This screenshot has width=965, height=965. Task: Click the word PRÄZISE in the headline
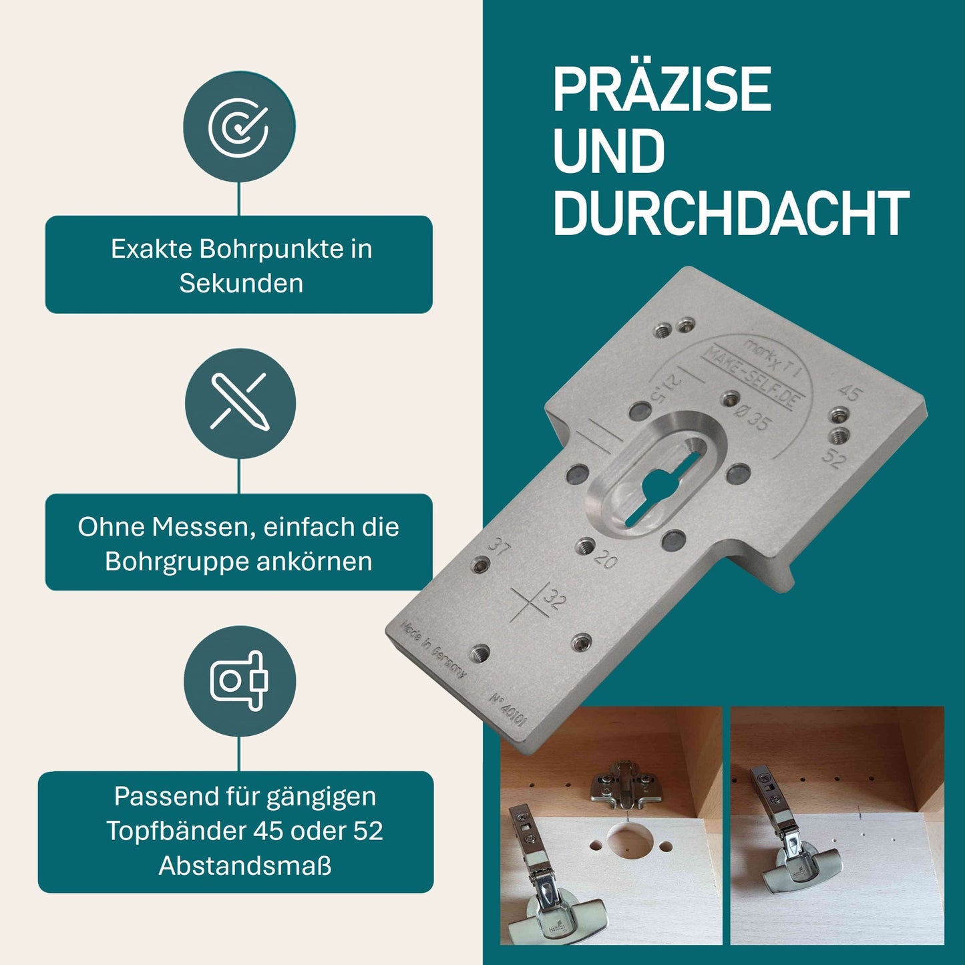click(661, 89)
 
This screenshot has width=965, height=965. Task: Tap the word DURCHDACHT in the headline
click(731, 213)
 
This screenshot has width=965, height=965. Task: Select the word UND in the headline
click(608, 151)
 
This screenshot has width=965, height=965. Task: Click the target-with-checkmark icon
click(239, 127)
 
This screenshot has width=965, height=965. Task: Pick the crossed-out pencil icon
click(240, 402)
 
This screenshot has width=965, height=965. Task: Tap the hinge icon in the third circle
click(239, 681)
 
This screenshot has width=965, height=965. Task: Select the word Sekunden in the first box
click(241, 283)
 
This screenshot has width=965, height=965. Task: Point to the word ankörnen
click(314, 561)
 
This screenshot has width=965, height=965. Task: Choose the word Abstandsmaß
click(245, 865)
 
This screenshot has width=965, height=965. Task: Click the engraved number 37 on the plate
click(499, 546)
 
